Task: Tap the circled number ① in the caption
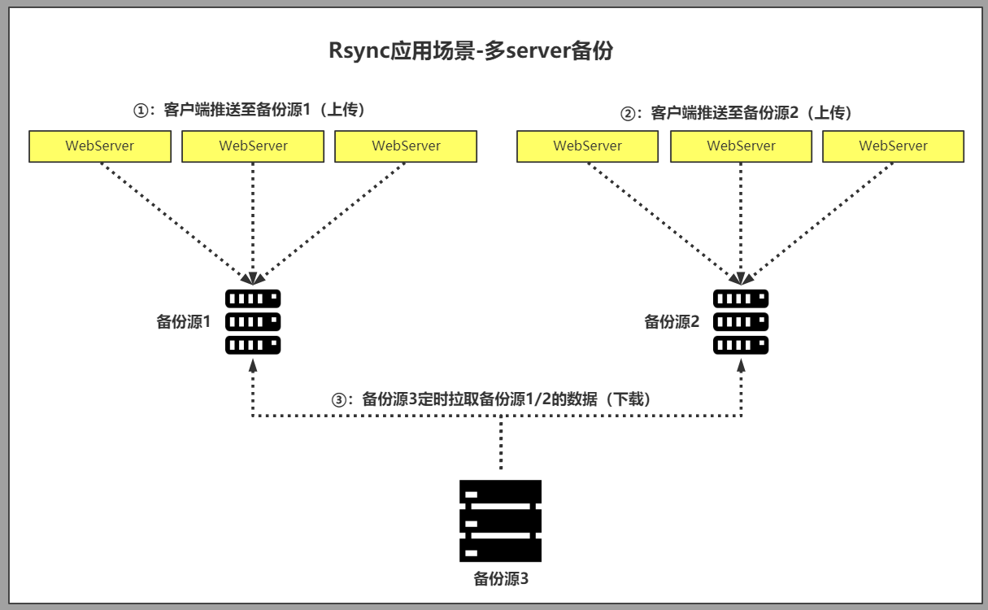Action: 141,110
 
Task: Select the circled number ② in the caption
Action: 627,114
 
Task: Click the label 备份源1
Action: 183,322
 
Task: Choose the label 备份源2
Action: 672,322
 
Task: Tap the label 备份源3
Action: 501,579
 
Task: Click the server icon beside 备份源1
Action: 253,321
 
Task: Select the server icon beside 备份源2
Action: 741,321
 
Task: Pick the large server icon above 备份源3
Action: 501,521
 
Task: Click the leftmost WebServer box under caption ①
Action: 100,146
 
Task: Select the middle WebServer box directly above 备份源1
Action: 253,146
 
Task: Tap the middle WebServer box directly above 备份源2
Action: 741,146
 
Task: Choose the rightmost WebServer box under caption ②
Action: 893,146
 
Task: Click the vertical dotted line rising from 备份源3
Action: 501,443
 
